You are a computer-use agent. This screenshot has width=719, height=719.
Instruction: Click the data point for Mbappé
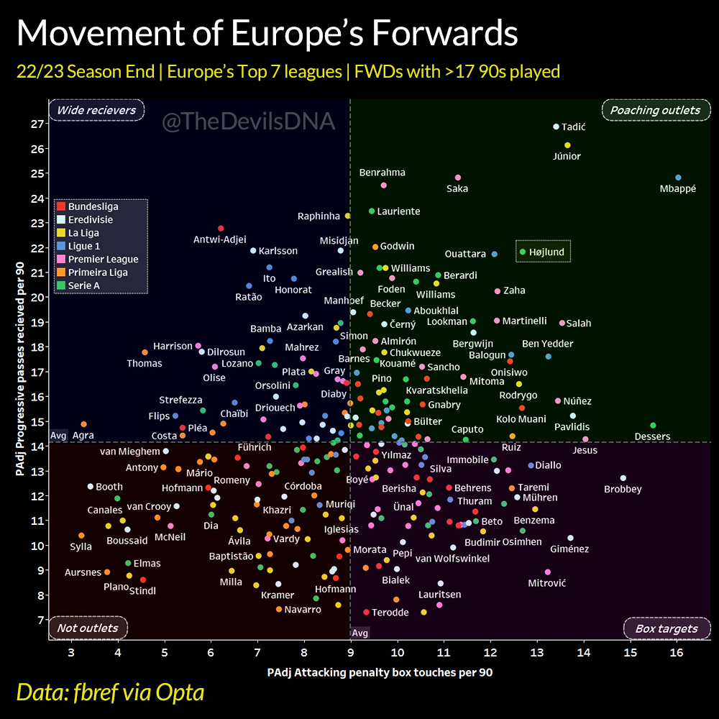click(x=678, y=178)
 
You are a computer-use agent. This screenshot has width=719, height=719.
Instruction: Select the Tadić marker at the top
click(x=556, y=127)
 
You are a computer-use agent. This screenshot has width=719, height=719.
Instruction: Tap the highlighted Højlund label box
click(x=543, y=252)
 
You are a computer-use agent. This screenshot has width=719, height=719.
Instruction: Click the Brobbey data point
click(x=623, y=478)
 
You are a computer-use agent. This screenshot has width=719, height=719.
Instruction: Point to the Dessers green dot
click(x=653, y=426)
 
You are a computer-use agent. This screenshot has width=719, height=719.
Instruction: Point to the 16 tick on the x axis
click(x=677, y=652)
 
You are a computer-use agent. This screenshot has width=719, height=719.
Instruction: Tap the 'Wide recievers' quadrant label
click(x=96, y=110)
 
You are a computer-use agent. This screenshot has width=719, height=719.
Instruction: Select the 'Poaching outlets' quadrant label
click(x=655, y=110)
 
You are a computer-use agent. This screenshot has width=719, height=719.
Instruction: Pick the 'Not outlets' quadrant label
click(x=88, y=628)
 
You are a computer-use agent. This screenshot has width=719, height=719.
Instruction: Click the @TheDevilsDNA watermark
click(x=249, y=122)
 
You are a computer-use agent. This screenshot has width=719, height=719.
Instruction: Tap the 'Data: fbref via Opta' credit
click(x=110, y=692)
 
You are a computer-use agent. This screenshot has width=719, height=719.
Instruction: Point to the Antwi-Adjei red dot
click(x=221, y=229)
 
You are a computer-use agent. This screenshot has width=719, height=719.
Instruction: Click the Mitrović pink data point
click(x=548, y=572)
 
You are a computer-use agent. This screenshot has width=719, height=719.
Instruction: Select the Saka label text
click(x=457, y=188)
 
